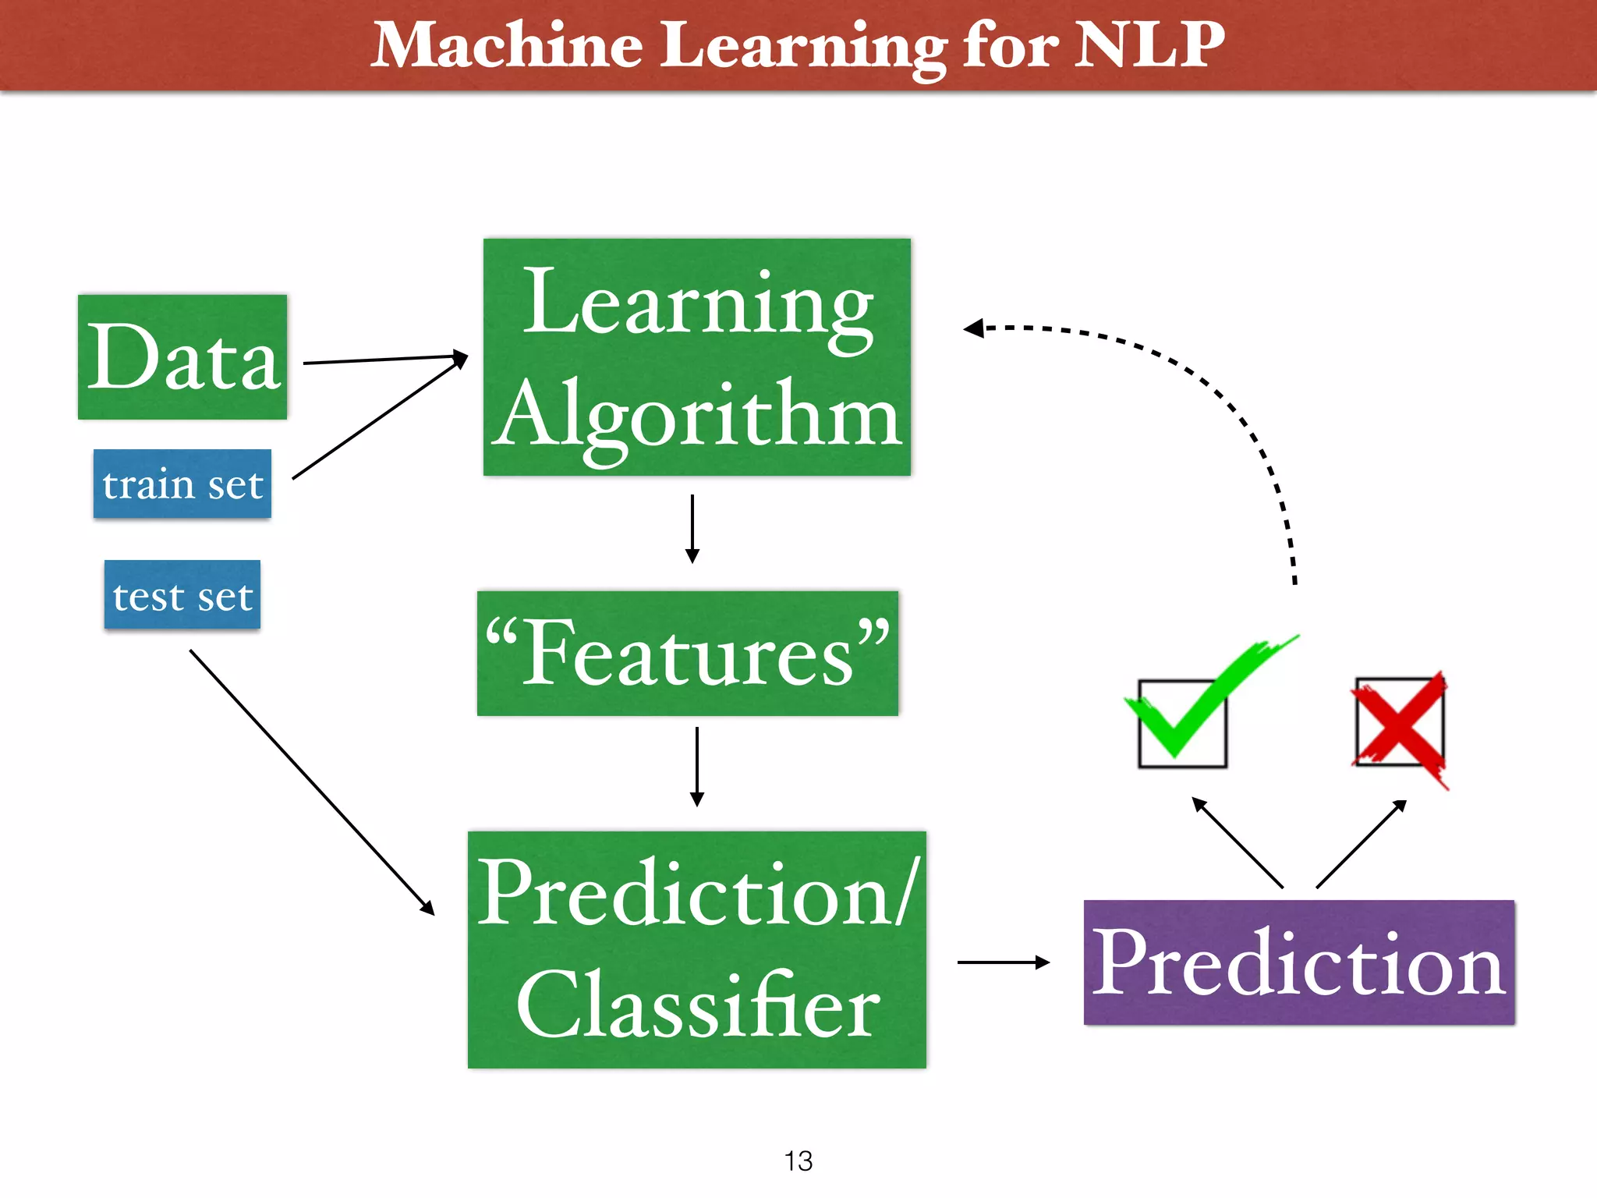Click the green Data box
click(182, 357)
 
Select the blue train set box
click(182, 484)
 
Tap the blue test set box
click(182, 595)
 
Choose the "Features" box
click(688, 654)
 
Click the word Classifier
click(697, 1006)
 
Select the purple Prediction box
click(1299, 962)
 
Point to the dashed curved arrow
click(1232, 406)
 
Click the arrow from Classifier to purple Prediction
click(1003, 962)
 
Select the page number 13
click(798, 1161)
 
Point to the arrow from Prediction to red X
click(1362, 844)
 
